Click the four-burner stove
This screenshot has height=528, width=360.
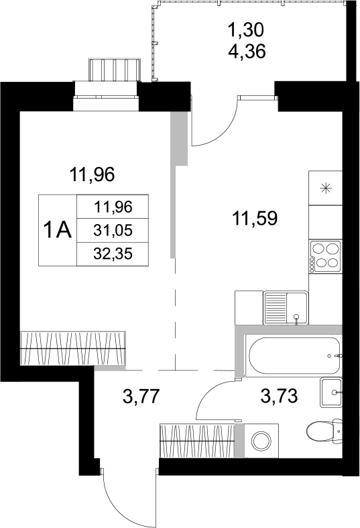(x=325, y=256)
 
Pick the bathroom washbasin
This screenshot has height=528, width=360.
(x=332, y=392)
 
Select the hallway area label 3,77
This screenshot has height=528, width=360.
(x=141, y=397)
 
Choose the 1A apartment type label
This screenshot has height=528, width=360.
(x=58, y=230)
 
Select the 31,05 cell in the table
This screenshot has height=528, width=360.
(x=114, y=230)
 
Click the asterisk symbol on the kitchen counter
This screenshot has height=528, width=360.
(x=326, y=188)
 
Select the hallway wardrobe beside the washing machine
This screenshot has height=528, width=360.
(x=197, y=441)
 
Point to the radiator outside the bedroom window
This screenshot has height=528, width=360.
(x=114, y=70)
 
